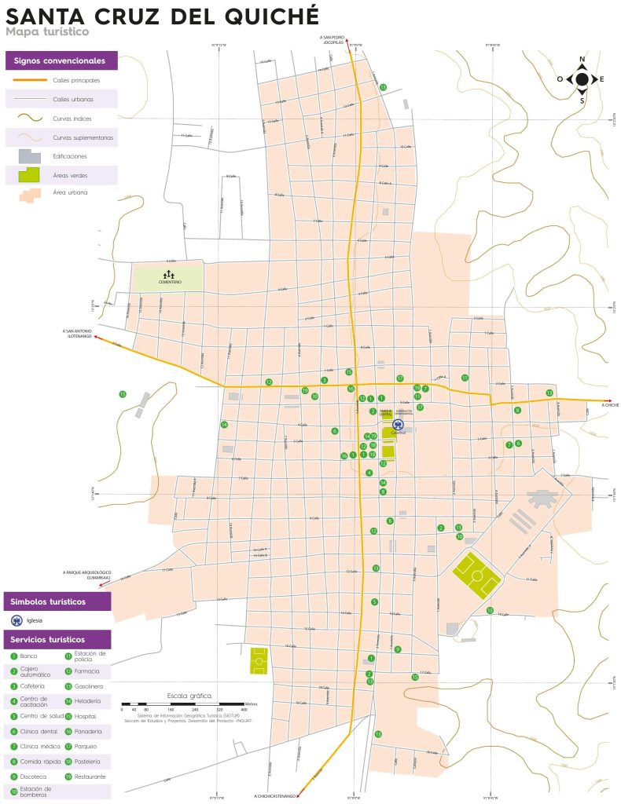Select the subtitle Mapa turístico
46,32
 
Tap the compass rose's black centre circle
582,79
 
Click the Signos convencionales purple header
61,60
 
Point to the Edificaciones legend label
70,156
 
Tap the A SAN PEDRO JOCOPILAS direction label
333,39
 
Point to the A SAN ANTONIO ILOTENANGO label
77,333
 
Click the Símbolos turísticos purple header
56,602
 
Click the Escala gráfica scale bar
189,702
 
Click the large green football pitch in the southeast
477,573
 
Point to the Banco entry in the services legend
28,656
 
